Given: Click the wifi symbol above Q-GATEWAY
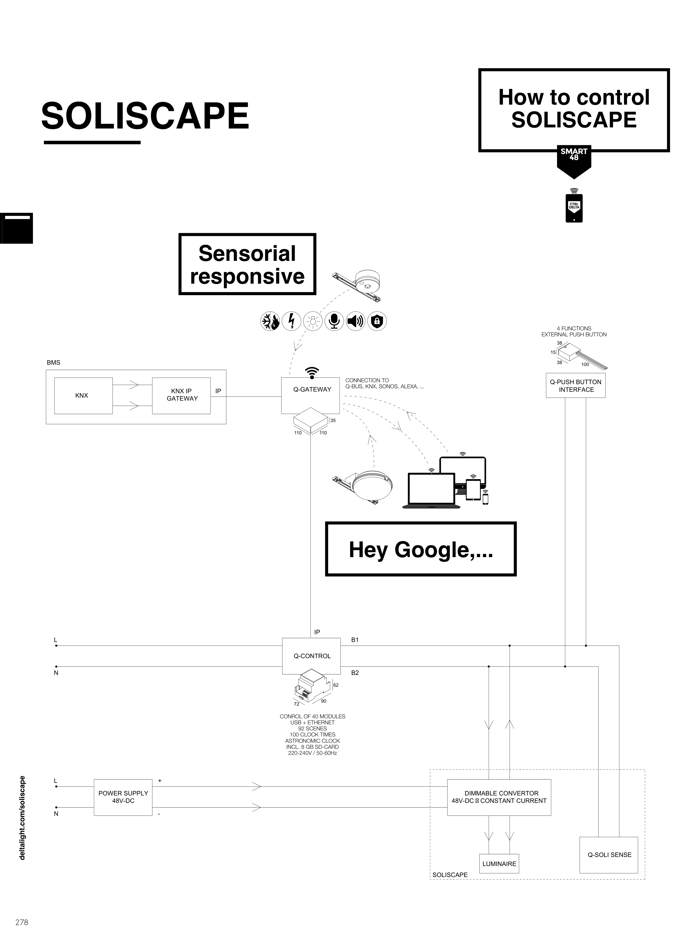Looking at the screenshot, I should (312, 372).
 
